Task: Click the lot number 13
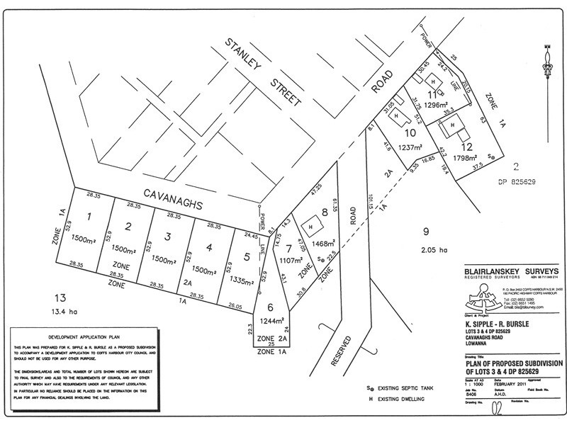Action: [60, 297]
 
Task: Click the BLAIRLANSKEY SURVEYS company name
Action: [507, 271]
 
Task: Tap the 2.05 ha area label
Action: [432, 249]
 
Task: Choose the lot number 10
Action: [410, 132]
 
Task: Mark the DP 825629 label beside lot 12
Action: [515, 181]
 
